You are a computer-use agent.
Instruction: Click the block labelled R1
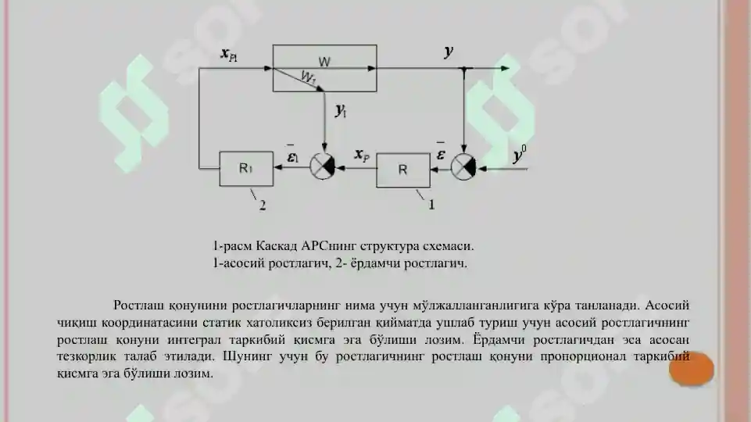246,169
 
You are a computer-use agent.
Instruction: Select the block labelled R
403,170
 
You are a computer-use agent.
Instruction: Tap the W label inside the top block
324,62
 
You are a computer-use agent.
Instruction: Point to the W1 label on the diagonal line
309,77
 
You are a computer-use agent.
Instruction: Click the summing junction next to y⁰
463,167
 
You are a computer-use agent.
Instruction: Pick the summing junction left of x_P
322,166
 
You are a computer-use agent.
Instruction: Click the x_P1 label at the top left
229,55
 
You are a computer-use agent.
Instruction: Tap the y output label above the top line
449,51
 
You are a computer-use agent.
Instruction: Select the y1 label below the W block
341,111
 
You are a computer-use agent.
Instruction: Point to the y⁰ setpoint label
520,154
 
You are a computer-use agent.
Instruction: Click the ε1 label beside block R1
292,154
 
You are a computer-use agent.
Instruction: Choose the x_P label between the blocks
362,155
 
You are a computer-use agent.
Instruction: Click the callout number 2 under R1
263,206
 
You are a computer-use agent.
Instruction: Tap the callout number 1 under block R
431,205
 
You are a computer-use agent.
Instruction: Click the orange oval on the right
691,370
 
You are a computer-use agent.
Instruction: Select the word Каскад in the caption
277,246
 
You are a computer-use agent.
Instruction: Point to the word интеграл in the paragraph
194,340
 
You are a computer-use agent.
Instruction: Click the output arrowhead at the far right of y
505,69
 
